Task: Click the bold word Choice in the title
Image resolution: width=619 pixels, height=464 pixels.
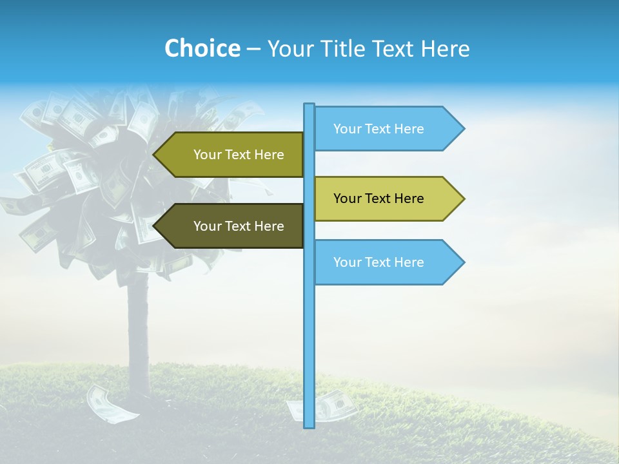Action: point(202,48)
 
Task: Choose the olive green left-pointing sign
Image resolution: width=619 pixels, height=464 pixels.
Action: point(232,155)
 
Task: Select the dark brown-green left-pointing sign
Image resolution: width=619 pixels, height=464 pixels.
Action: point(232,226)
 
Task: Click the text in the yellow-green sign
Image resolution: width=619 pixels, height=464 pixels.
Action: point(378,198)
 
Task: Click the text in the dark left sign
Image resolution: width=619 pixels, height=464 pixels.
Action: point(239,226)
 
